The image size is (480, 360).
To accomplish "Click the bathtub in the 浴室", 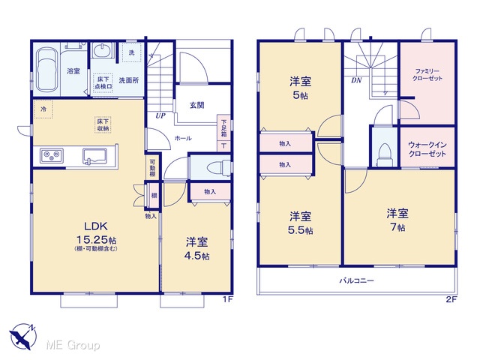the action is [x=46, y=70].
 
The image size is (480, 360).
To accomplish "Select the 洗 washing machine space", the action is [x=131, y=52].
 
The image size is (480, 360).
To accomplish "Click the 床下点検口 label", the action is [x=103, y=82].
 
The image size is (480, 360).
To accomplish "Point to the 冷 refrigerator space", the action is [x=43, y=109].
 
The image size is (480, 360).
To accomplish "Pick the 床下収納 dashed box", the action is [x=103, y=125].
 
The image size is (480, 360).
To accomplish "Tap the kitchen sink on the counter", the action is [x=94, y=155].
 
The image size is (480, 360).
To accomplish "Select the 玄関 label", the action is [x=196, y=105].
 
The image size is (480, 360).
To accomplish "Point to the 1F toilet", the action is [x=218, y=168].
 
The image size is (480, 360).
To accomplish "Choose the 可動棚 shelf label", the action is [x=152, y=168].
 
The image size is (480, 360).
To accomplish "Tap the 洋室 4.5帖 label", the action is [x=196, y=248].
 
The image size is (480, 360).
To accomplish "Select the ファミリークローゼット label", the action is [x=427, y=75].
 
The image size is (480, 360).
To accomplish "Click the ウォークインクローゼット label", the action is [x=427, y=149].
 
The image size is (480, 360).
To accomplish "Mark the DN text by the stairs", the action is [x=357, y=80].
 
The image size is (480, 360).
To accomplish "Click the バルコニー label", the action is [x=357, y=280].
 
